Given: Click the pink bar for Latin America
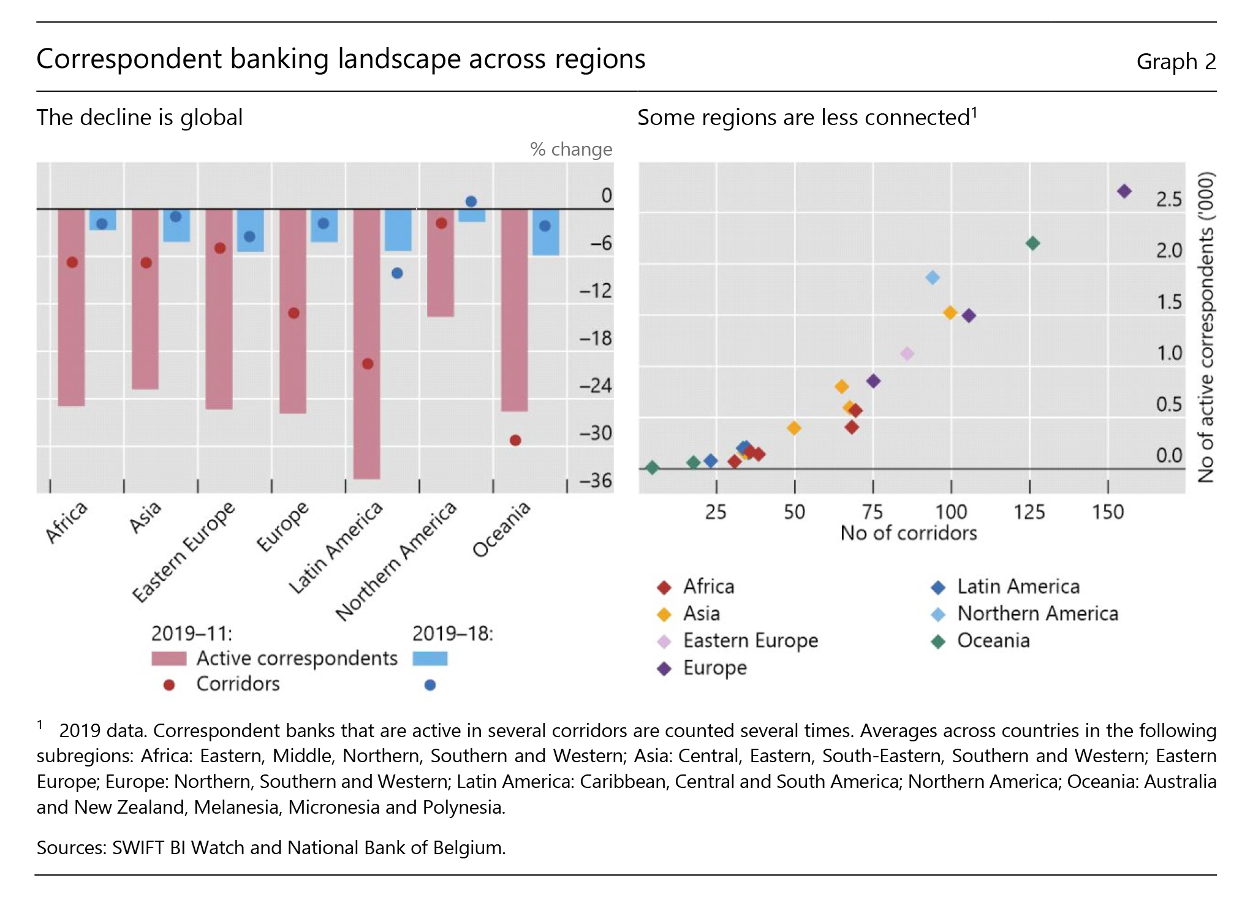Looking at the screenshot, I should [x=367, y=343].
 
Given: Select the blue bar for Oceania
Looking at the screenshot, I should [x=545, y=232].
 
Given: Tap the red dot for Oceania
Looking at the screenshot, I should [x=515, y=441].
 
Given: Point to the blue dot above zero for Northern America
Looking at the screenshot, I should [x=471, y=202].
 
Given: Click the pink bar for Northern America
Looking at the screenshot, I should [x=441, y=263].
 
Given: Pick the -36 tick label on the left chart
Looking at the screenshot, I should [x=596, y=480].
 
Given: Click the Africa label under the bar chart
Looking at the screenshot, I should [x=66, y=522].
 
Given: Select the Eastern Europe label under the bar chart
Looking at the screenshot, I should [x=183, y=551].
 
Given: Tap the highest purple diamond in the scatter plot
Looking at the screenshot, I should [x=1124, y=192].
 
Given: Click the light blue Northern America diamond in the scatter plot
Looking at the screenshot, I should [x=932, y=278].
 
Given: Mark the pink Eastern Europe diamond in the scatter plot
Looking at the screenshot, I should [x=907, y=354].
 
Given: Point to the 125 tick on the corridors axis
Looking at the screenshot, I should [x=1029, y=512].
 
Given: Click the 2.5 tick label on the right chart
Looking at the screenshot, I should [x=1168, y=199].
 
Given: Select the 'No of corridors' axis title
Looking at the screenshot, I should [x=908, y=533].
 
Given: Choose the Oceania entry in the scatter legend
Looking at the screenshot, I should [x=993, y=641].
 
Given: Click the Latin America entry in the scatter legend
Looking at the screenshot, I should [x=1018, y=586].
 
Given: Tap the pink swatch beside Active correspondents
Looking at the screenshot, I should [x=169, y=659].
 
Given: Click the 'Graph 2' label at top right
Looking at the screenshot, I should [x=1176, y=61].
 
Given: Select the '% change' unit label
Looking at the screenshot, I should [x=571, y=149].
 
